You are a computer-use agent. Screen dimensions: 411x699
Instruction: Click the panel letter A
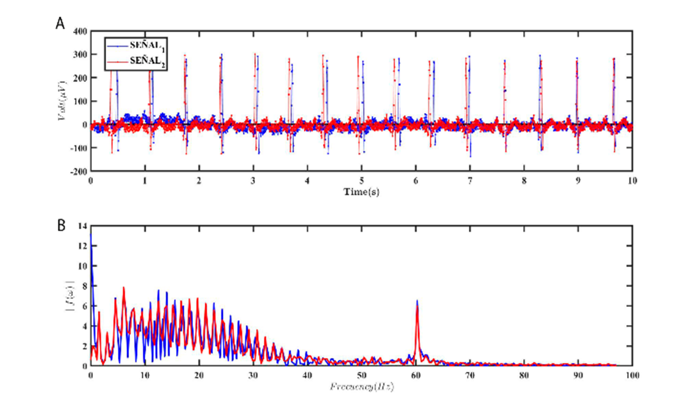60,23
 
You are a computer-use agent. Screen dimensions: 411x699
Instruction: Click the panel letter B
61,225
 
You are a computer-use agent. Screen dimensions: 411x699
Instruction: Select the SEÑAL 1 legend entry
147,46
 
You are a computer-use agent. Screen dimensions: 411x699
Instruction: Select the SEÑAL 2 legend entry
147,62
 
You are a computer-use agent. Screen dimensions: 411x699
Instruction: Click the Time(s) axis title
361,192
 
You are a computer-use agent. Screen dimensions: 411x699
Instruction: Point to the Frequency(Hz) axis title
361,386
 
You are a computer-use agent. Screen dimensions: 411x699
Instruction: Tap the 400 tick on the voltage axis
80,31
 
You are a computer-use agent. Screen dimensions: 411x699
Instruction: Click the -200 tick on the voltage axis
79,171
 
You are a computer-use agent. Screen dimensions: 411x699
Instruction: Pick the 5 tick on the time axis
361,181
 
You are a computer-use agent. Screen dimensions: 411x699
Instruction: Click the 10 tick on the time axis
632,181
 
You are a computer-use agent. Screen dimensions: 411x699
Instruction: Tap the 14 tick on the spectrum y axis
82,226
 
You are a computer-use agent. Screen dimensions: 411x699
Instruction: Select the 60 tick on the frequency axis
416,375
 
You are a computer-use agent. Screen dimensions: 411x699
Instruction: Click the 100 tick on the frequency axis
632,375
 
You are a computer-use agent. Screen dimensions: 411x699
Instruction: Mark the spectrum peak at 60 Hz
417,301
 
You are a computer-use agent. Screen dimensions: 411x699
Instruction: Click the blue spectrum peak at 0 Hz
91,234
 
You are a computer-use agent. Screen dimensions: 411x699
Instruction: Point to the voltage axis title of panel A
62,101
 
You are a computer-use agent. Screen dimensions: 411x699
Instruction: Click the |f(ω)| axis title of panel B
70,296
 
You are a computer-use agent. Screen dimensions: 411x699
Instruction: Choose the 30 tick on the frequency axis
253,375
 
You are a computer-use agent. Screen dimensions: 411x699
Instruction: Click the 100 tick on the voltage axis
80,101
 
